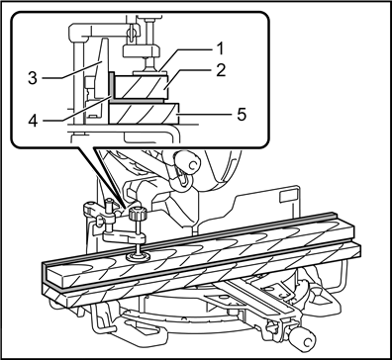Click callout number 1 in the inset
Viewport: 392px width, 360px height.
tap(221, 46)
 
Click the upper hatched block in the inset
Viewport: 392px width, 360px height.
tap(143, 87)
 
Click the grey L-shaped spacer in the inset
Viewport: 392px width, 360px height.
tap(111, 89)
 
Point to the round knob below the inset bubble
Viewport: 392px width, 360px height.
tap(186, 161)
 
